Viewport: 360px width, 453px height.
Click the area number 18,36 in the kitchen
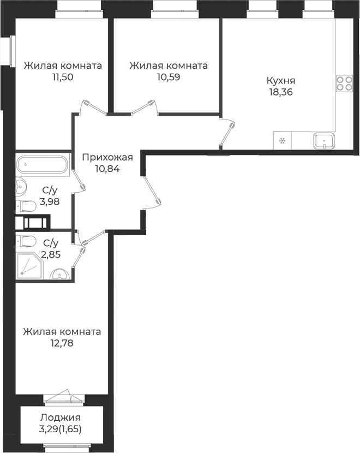[281, 92]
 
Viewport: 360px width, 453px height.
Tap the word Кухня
[281, 80]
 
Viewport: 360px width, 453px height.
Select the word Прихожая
[107, 157]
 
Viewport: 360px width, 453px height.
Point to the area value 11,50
[62, 77]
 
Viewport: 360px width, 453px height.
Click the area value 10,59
[169, 77]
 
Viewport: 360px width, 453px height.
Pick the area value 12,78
[62, 343]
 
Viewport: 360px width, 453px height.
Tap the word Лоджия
[60, 418]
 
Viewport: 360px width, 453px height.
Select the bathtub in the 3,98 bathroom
[43, 164]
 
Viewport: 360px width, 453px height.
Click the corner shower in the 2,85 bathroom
[30, 265]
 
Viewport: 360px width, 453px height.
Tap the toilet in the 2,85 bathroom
[26, 241]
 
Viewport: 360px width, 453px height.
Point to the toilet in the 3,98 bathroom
[26, 206]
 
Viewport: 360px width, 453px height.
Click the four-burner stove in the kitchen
[344, 84]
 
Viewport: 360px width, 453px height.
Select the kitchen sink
[324, 141]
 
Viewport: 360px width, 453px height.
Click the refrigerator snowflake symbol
[282, 141]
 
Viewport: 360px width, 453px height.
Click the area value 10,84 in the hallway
[107, 169]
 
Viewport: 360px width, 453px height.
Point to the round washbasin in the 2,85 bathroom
[59, 274]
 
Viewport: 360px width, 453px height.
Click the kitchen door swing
[228, 132]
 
